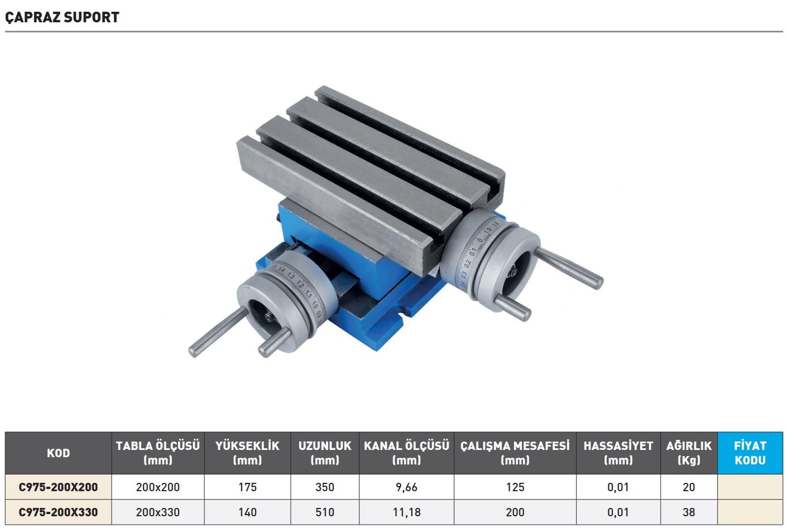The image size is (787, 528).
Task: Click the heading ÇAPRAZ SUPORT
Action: click(62, 17)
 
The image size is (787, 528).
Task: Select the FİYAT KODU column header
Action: click(750, 453)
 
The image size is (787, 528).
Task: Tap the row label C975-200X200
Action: click(58, 487)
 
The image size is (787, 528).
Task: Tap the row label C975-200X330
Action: click(58, 512)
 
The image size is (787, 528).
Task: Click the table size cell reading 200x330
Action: click(158, 512)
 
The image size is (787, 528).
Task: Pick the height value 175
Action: click(247, 487)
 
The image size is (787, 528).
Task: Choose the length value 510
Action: click(325, 512)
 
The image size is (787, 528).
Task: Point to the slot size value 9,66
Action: click(406, 487)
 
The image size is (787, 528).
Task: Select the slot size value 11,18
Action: click(406, 512)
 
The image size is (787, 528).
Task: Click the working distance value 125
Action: click(515, 487)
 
